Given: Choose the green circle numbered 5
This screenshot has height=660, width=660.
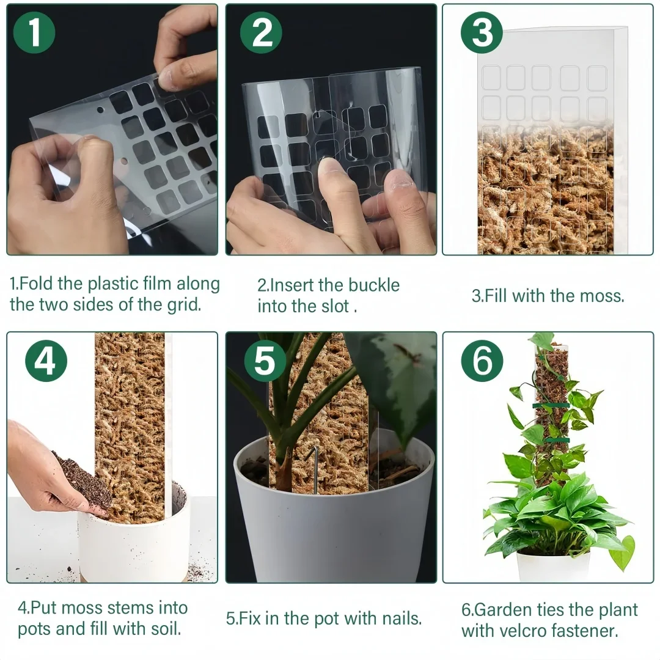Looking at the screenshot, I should [x=265, y=362].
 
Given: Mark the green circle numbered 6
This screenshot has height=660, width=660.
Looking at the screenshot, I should [x=482, y=361].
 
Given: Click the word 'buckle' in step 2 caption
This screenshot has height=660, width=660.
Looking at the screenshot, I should [x=374, y=285].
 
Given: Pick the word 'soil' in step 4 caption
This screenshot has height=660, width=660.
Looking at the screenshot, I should [x=164, y=629].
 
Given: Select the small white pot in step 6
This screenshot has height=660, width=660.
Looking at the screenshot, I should [x=553, y=566].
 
